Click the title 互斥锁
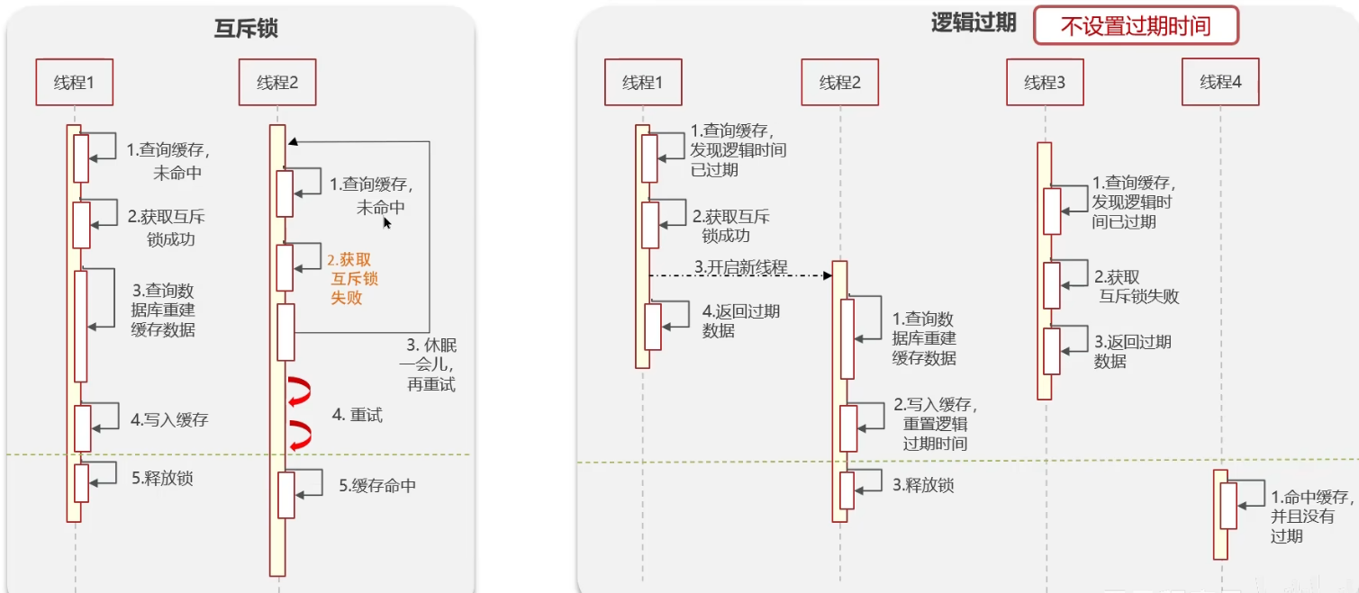tap(245, 29)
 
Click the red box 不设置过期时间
tap(1136, 26)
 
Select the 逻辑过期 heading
tap(974, 24)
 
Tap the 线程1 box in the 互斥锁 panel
tap(75, 83)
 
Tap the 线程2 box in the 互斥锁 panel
tap(277, 83)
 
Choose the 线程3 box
tap(1045, 83)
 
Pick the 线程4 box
tap(1220, 83)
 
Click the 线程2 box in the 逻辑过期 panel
tap(840, 83)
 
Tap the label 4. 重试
tap(358, 415)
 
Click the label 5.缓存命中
tap(377, 486)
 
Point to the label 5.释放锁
tap(162, 479)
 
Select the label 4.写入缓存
tap(169, 419)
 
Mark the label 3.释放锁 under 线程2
tap(923, 486)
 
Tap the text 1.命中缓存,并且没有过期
tap(1310, 517)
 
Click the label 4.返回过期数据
tap(740, 321)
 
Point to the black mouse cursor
tap(387, 223)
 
